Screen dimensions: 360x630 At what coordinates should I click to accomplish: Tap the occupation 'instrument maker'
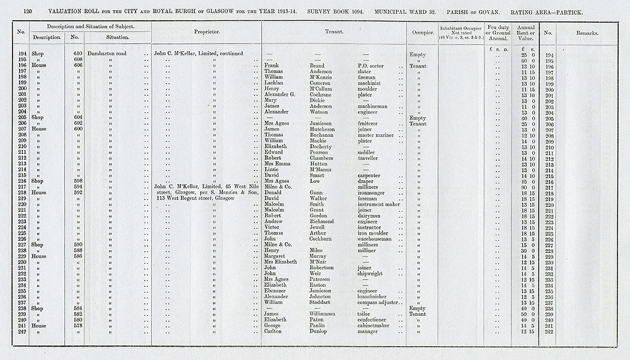coord(379,204)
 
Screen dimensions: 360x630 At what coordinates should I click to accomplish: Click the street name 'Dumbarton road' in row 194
coord(108,54)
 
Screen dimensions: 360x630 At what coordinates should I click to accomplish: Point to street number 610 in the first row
coord(78,54)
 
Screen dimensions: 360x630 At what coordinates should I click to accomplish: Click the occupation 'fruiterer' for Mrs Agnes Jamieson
coord(369,124)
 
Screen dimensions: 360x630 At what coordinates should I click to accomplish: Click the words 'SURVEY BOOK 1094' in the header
coord(348,12)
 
